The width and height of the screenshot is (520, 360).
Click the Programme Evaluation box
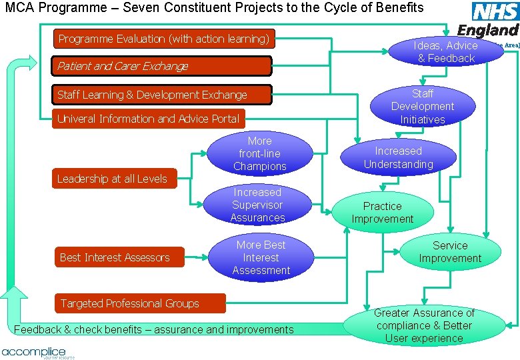(x=163, y=39)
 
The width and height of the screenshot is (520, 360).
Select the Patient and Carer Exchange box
(x=163, y=66)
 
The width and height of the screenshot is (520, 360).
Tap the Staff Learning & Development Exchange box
(x=163, y=95)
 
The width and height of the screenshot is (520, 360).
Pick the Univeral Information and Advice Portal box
(x=148, y=119)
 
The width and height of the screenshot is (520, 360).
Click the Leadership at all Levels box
(x=113, y=179)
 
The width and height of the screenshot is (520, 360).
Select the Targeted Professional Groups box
(x=139, y=303)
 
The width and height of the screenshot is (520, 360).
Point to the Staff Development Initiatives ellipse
(x=423, y=107)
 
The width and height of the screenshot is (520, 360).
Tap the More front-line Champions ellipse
(x=260, y=153)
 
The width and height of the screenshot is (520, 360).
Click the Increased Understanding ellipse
(x=398, y=158)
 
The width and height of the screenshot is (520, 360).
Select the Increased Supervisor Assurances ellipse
(x=257, y=205)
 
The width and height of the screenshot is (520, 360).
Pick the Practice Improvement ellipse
(x=383, y=213)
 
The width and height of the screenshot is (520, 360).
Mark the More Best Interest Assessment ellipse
(x=261, y=257)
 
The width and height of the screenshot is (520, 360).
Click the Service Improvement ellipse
(x=450, y=252)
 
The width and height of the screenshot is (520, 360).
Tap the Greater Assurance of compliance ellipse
(x=423, y=325)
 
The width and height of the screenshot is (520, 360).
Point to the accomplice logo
(x=35, y=352)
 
